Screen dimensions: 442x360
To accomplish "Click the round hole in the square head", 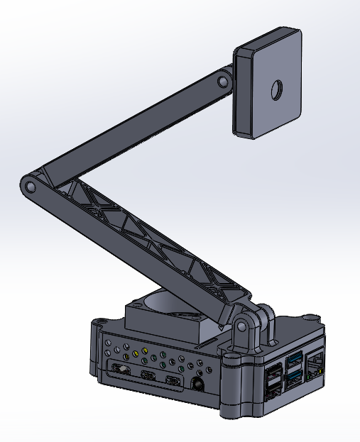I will pos(274,90).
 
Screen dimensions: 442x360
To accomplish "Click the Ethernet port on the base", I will pos(315,366).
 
